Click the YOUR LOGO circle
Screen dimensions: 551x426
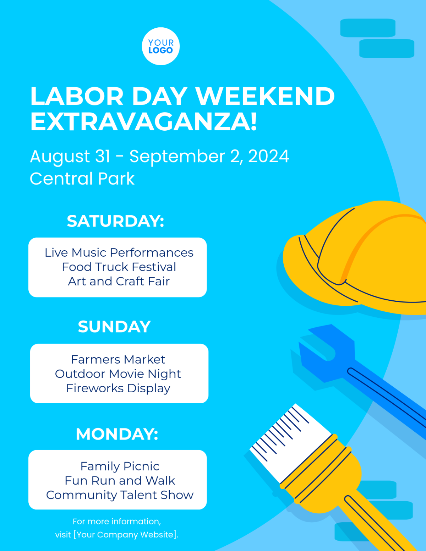point(161,47)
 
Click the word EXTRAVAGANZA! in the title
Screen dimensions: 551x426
point(143,122)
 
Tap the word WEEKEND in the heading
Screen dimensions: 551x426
point(265,96)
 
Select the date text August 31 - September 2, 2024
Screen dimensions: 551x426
point(159,156)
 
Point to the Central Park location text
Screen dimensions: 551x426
point(82,179)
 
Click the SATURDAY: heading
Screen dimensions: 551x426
point(115,221)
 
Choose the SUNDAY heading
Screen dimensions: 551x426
point(114,327)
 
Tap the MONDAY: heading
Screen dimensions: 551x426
point(117,434)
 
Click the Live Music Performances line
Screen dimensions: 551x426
point(119,252)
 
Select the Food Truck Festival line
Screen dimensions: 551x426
point(119,267)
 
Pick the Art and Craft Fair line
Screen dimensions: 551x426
point(119,281)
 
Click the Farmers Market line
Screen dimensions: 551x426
point(118,359)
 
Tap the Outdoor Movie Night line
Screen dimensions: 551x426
point(118,374)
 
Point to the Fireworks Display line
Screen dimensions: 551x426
point(118,388)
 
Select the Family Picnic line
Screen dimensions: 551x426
point(120,466)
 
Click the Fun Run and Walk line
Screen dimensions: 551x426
point(120,481)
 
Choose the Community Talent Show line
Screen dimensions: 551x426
point(120,495)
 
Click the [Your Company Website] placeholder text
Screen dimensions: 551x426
point(126,535)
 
